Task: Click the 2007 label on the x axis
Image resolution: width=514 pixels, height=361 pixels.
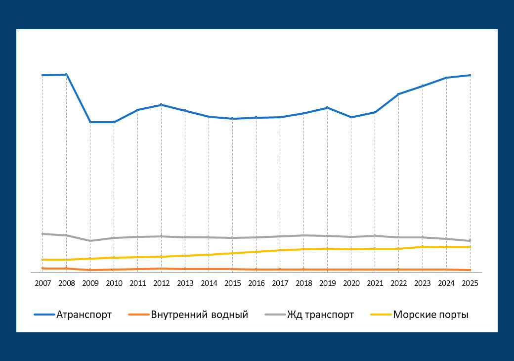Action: coord(43,283)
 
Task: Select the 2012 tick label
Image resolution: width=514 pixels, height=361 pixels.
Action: coord(161,283)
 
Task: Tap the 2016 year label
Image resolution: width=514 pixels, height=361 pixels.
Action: coord(256,283)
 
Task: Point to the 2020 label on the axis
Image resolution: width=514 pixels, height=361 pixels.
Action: coord(351,283)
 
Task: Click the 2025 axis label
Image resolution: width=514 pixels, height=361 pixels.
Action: coord(470,283)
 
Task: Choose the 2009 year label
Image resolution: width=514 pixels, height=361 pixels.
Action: coord(90,283)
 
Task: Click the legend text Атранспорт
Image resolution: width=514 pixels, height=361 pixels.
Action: coord(84,315)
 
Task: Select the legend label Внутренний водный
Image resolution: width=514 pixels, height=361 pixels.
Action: coord(199,315)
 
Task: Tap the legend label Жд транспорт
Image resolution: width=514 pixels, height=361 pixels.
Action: coord(320,315)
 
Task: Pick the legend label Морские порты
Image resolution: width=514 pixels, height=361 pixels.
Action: coord(430,315)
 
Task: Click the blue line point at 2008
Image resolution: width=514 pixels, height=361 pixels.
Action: coord(66,75)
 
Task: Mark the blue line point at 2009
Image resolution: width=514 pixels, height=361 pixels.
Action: coord(90,122)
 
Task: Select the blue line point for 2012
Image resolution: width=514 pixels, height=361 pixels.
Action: coord(161,105)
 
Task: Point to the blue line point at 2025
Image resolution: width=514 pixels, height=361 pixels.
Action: coord(470,75)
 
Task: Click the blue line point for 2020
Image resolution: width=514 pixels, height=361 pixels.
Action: coord(351,117)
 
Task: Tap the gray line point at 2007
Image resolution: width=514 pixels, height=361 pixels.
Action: coord(43,234)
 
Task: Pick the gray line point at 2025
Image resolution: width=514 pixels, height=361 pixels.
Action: coord(470,241)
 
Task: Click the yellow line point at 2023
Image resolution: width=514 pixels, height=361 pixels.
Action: coord(422,247)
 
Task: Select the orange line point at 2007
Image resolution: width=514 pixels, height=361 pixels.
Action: coord(43,269)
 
